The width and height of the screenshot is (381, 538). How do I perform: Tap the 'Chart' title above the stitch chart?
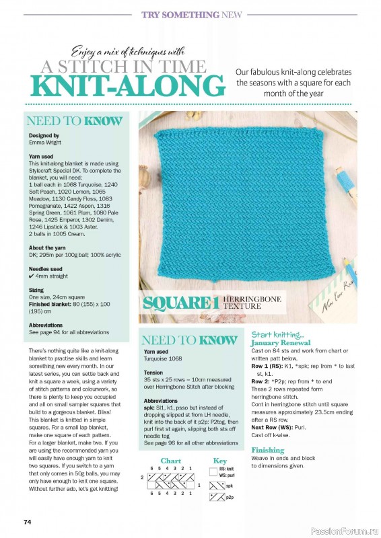click(171, 461)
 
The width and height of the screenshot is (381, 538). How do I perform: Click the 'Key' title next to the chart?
click(220, 461)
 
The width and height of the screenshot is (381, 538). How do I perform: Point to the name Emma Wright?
click(44, 143)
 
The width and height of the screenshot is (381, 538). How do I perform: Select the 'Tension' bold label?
click(153, 372)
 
